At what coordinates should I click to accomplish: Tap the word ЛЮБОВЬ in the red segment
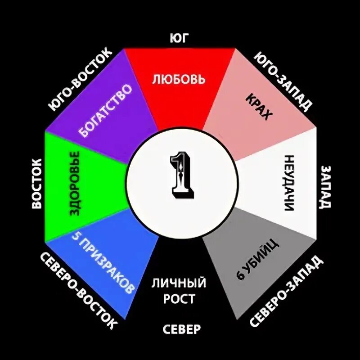click(179, 80)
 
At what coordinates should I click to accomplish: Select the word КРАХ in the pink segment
click(259, 107)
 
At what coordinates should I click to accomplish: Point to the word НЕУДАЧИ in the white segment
click(289, 183)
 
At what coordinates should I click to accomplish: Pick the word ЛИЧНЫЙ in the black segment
click(179, 283)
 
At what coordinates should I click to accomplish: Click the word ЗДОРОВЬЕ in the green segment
click(74, 184)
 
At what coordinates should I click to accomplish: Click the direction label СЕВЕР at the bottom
click(181, 329)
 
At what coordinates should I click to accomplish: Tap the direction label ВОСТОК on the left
click(37, 183)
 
